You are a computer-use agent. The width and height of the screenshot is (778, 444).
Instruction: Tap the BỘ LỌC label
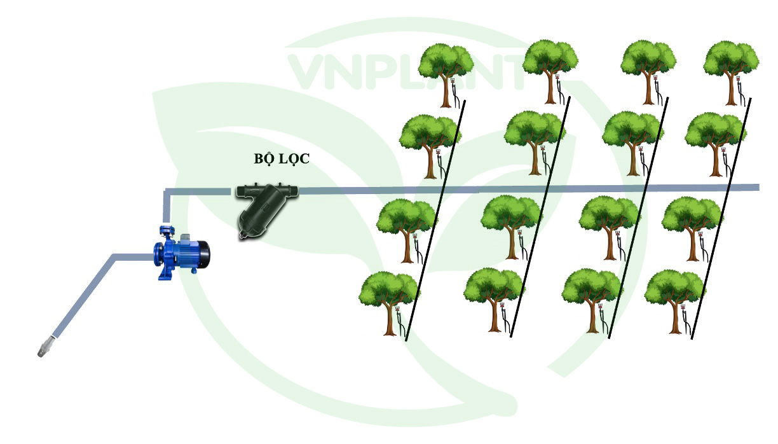click(278, 159)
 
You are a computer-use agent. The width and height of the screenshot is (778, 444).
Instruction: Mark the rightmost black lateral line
click(721, 219)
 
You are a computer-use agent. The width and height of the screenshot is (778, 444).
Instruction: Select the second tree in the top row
click(550, 64)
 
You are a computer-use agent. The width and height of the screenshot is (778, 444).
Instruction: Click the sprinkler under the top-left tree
click(454, 83)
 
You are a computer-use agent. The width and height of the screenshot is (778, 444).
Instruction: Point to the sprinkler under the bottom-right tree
click(684, 311)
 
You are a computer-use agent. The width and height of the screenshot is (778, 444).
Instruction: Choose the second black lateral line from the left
click(540, 219)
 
